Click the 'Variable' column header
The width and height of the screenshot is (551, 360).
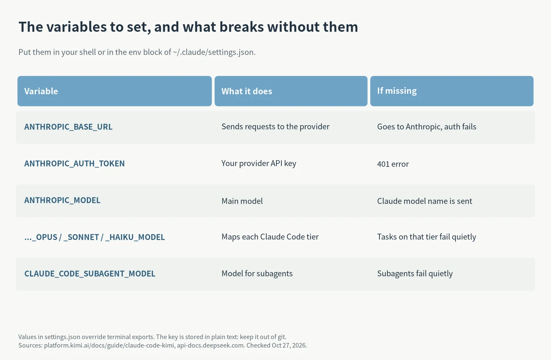(x=41, y=91)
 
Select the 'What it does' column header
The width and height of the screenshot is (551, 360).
(x=247, y=91)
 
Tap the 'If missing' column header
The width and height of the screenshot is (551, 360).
(x=397, y=91)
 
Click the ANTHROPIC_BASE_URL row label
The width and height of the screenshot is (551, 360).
(x=68, y=127)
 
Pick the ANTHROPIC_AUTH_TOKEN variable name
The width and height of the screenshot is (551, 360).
(x=75, y=164)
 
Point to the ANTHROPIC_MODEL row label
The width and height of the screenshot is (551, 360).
(x=62, y=200)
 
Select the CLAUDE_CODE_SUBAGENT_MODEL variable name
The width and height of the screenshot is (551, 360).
(x=90, y=274)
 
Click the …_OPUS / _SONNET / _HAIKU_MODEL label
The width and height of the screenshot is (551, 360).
(x=94, y=237)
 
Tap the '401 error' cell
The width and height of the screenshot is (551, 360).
(x=393, y=164)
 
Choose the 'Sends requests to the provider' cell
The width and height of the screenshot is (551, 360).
(x=275, y=127)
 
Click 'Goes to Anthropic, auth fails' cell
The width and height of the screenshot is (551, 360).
(x=427, y=127)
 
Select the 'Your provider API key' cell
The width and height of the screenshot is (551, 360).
(x=259, y=164)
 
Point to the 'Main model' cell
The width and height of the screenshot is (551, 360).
(x=242, y=201)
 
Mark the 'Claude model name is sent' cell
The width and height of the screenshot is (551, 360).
(x=425, y=201)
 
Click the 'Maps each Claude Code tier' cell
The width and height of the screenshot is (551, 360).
(x=270, y=237)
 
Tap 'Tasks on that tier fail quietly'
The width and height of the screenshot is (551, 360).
(x=427, y=237)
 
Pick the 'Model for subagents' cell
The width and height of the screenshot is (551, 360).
(x=257, y=274)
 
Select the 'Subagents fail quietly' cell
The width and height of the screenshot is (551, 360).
(x=415, y=274)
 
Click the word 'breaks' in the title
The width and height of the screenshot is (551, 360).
(x=242, y=27)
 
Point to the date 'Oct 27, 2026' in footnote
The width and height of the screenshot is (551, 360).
(x=289, y=345)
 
